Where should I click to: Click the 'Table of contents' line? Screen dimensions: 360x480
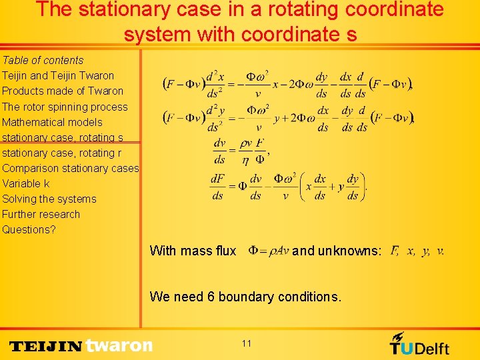pyautogui.click(x=43, y=60)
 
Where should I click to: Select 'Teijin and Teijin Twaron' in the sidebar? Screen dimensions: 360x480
pyautogui.click(x=58, y=75)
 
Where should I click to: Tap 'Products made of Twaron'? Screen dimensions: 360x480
pyautogui.click(x=63, y=91)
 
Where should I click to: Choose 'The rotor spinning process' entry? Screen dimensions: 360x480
pyautogui.click(x=65, y=107)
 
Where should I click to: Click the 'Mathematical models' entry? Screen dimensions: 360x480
pyautogui.click(x=52, y=122)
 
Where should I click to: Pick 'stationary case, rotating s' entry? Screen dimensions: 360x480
pyautogui.click(x=63, y=137)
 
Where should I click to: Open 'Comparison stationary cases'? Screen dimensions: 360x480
pyautogui.click(x=70, y=168)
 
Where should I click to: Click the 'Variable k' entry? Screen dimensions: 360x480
pyautogui.click(x=26, y=183)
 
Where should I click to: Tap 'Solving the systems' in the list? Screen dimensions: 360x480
pyautogui.click(x=49, y=199)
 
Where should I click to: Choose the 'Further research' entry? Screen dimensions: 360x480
pyautogui.click(x=41, y=214)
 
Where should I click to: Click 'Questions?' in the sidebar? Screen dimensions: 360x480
pyautogui.click(x=29, y=229)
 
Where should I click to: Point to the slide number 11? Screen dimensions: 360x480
pyautogui.click(x=247, y=343)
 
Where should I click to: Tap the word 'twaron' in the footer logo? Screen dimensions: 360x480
pyautogui.click(x=119, y=345)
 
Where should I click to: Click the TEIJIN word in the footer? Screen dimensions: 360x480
pyautogui.click(x=46, y=346)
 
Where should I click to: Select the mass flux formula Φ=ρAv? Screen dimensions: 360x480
pyautogui.click(x=268, y=251)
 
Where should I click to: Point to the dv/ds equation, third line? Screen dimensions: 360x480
pyautogui.click(x=240, y=151)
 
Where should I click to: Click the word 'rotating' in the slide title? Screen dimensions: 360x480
pyautogui.click(x=288, y=9)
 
